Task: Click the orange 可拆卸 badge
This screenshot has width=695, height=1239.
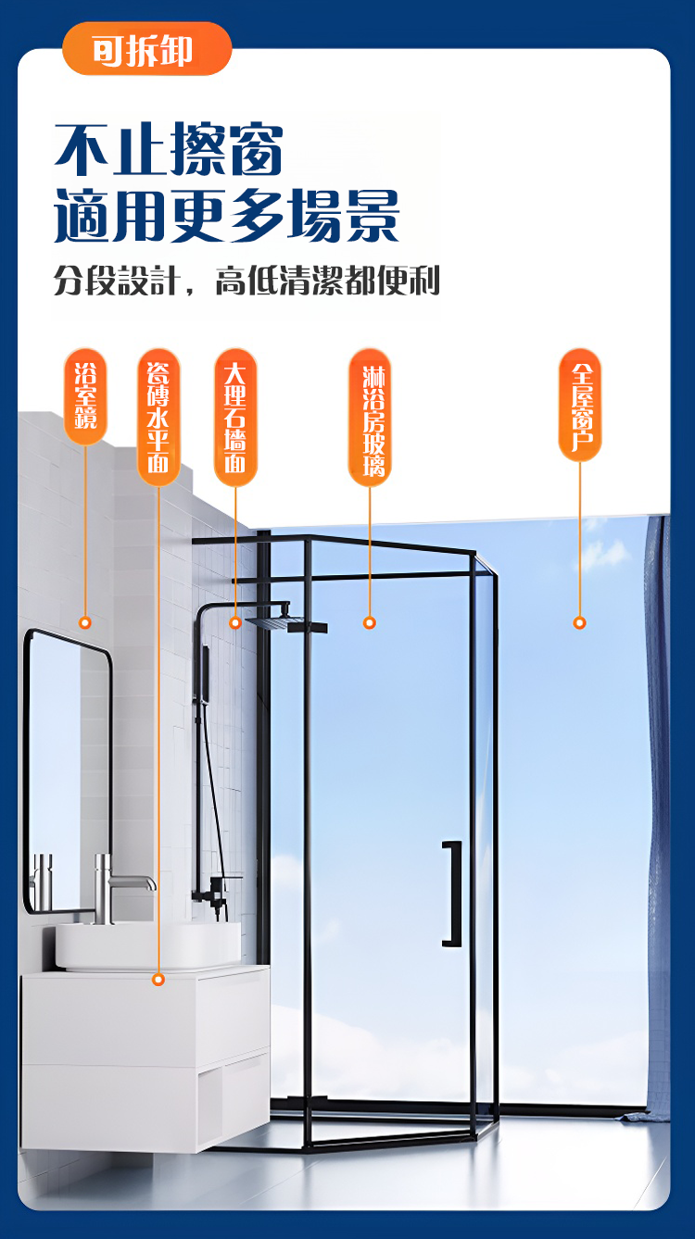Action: (146, 49)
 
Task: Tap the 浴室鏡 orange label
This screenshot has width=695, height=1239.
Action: (85, 396)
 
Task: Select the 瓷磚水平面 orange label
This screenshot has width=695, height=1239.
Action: (158, 417)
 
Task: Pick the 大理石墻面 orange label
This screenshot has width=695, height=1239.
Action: (235, 417)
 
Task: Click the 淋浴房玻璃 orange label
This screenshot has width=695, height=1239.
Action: (370, 417)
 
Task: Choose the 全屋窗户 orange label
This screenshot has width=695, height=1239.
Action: (579, 405)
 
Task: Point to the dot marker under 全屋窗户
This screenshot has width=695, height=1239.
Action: (579, 623)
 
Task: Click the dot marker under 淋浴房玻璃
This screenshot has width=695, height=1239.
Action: (370, 623)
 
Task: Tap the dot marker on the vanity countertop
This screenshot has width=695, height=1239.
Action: (158, 980)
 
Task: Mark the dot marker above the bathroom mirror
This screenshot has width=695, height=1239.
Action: (84, 623)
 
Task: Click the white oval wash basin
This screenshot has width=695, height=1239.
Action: (148, 945)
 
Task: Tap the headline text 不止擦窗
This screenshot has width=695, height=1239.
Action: (169, 149)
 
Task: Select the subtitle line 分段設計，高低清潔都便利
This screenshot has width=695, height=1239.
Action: (246, 281)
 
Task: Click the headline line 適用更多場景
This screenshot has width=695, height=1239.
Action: (226, 215)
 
